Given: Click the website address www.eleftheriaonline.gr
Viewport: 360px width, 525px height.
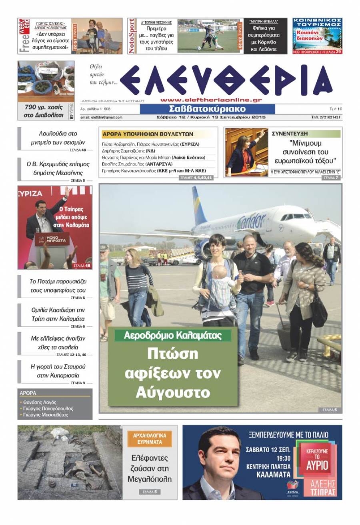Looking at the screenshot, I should pyautogui.click(x=211, y=100).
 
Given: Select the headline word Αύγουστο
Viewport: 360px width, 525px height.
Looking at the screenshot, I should pyautogui.click(x=173, y=392).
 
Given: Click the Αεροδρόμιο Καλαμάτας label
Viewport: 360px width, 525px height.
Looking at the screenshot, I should pyautogui.click(x=173, y=335).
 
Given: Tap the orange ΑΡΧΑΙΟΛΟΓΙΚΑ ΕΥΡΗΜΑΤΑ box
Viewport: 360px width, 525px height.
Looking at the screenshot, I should pyautogui.click(x=150, y=439).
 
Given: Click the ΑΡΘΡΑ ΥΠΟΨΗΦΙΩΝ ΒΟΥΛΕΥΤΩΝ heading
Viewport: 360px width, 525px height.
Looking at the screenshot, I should pyautogui.click(x=148, y=134).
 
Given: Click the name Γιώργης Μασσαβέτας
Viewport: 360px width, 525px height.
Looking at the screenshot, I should pyautogui.click(x=46, y=415).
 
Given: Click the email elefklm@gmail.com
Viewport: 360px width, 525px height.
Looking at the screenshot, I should pyautogui.click(x=101, y=118).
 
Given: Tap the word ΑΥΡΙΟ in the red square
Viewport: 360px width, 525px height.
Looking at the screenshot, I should pyautogui.click(x=317, y=465).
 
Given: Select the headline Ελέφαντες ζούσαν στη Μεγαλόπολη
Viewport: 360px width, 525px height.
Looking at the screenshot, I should pyautogui.click(x=150, y=468).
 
